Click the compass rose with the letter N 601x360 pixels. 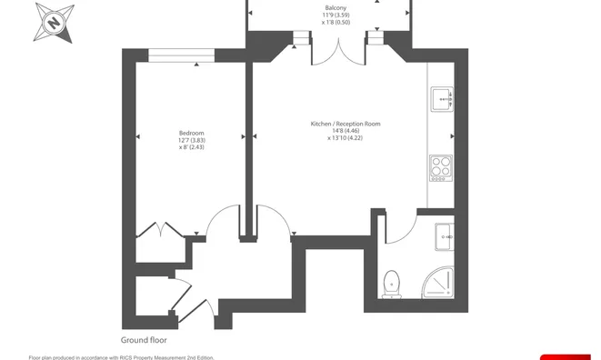pos(54,23)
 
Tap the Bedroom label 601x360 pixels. pos(192,133)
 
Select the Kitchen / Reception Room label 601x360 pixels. pos(346,124)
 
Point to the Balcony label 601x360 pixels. pos(336,7)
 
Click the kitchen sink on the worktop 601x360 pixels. pos(442,99)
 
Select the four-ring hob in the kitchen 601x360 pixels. pos(441,168)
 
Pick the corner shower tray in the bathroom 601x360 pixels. pos(437,282)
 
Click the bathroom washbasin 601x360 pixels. pos(445,237)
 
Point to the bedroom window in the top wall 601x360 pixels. pos(181,55)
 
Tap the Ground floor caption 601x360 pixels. pos(144,340)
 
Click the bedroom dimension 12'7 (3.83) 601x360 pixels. pos(192,140)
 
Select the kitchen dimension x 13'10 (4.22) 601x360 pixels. pos(345,137)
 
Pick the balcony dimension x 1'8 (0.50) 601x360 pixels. pos(336,22)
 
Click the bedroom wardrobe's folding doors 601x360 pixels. pos(160,229)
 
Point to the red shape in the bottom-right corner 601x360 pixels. pos(566,357)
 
